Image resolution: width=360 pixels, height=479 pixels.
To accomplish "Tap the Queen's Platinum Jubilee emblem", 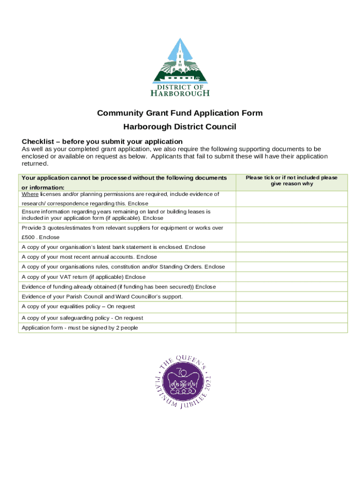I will point(180,381).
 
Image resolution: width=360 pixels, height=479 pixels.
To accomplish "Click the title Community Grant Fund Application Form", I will point(180,113).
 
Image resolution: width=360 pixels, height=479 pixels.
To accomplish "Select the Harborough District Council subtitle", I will point(180,127).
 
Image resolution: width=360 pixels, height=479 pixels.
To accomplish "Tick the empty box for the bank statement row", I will point(291,247).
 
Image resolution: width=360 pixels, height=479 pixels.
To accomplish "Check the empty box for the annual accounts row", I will point(291,257).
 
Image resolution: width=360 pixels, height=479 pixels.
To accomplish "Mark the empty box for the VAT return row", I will point(291,277).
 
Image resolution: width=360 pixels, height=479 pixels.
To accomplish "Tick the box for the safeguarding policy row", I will point(291,318).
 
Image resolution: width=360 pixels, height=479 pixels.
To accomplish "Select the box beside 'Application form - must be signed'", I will point(291,328).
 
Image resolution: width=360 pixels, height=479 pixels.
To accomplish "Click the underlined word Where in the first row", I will point(30,194).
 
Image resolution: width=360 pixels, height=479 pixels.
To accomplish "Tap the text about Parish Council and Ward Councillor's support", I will point(102,297).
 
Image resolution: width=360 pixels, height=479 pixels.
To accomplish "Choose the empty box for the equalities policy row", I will point(291,307).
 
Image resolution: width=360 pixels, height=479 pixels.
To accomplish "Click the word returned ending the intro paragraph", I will point(35,164).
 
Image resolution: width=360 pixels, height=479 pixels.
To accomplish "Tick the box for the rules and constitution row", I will point(291,267).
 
